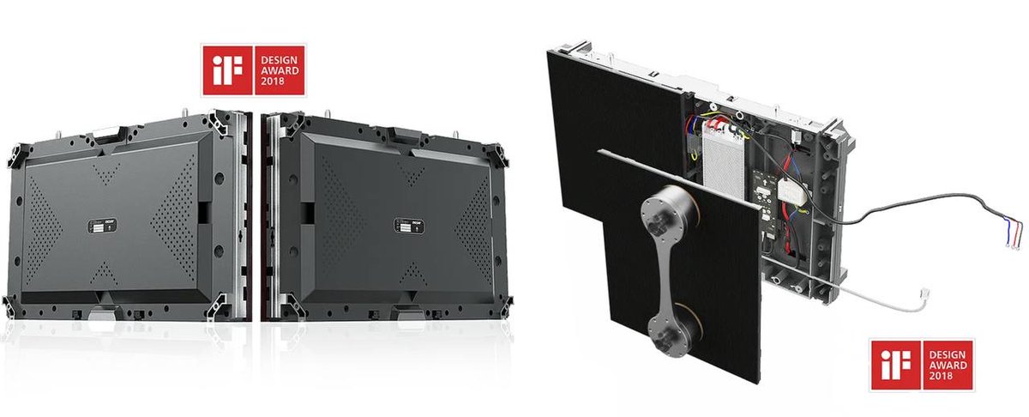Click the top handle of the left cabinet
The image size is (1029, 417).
[106, 132]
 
